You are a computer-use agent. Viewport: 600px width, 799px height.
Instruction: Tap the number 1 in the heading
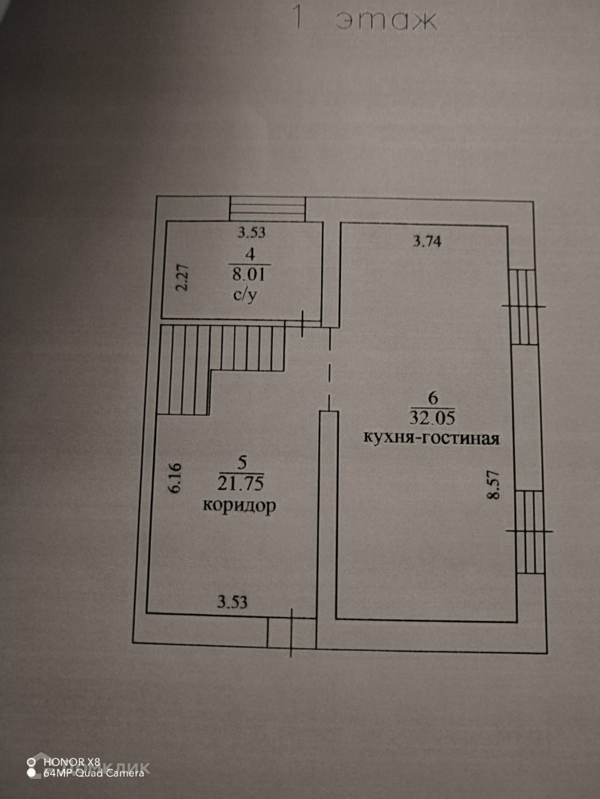(x=297, y=18)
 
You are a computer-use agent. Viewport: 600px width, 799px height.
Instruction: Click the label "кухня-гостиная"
(x=431, y=437)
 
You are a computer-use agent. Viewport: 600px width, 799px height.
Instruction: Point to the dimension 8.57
(x=493, y=486)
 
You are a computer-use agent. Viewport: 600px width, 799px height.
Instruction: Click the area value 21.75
(x=241, y=485)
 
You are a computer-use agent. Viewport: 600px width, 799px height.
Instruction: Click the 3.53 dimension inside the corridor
(x=232, y=601)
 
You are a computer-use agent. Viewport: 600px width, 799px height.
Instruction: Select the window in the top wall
(x=267, y=208)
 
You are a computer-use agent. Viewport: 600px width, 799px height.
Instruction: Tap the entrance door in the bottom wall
(x=291, y=633)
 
